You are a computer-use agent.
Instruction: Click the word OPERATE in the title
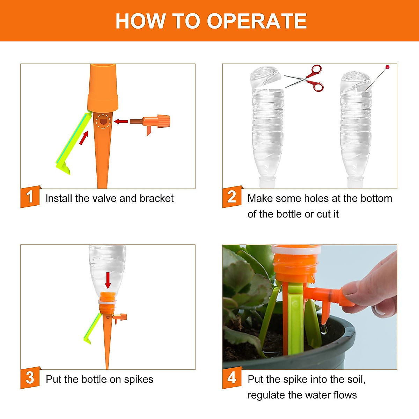click(257, 21)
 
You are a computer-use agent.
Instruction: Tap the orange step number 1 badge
click(30, 197)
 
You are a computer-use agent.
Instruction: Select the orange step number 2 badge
click(232, 197)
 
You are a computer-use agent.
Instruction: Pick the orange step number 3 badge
click(30, 378)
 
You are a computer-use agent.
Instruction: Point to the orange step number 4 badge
click(232, 378)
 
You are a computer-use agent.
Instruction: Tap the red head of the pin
click(388, 67)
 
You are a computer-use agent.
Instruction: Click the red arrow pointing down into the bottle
click(108, 280)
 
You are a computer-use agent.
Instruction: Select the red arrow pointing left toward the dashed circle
click(121, 121)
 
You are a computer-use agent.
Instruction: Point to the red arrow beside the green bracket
click(84, 138)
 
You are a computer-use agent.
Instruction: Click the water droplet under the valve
click(324, 329)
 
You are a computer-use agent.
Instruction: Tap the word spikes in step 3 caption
click(139, 380)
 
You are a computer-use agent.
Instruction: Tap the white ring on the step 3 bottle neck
click(107, 302)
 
